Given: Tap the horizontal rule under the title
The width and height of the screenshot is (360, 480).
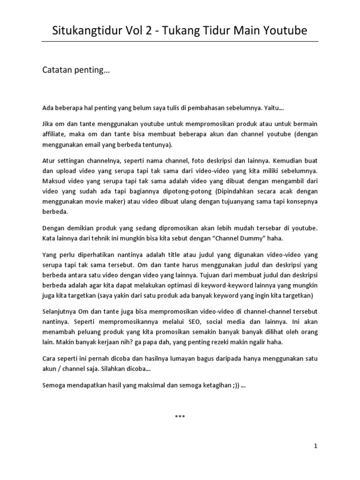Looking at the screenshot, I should coord(180,41).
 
